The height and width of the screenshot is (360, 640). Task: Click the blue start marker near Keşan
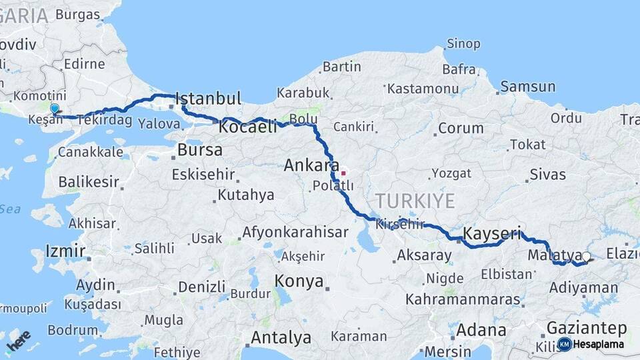tap(54, 108)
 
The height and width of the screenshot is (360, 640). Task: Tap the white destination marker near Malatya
tap(586, 257)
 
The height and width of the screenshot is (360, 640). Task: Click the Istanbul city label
tap(208, 99)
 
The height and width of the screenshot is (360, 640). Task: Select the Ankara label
tap(307, 165)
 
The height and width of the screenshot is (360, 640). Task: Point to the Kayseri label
tap(491, 233)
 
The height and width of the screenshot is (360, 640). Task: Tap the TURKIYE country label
tap(415, 201)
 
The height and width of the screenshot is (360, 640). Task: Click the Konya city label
tap(299, 280)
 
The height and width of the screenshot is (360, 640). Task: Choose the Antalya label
tap(280, 337)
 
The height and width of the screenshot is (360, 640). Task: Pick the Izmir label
tap(65, 251)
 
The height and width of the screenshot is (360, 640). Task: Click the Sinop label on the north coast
tap(463, 44)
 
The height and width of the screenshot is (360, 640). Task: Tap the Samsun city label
tap(527, 86)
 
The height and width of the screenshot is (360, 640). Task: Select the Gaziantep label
tap(586, 328)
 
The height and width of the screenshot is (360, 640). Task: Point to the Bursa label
tap(200, 150)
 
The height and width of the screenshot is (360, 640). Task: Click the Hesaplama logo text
tap(598, 345)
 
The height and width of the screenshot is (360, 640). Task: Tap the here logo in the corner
tap(18, 341)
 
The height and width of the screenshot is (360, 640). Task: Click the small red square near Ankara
tap(343, 173)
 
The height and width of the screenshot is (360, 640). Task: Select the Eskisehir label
tap(203, 175)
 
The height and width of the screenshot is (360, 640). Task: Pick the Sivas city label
tap(547, 175)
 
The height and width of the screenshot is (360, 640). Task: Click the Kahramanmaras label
tap(463, 299)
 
